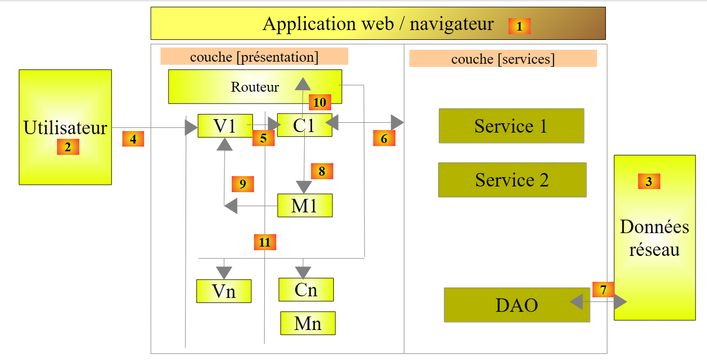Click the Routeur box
pyautogui.click(x=254, y=87)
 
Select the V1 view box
pyautogui.click(x=225, y=125)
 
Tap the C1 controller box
pyautogui.click(x=304, y=125)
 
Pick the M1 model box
pyautogui.click(x=304, y=206)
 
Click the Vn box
pyautogui.click(x=223, y=291)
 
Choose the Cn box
pyautogui.click(x=306, y=290)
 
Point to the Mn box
pyautogui.click(x=308, y=323)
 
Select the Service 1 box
pyautogui.click(x=511, y=126)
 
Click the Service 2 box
pyautogui.click(x=512, y=180)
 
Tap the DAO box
pyautogui.click(x=517, y=305)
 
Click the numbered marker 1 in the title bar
pyautogui.click(x=519, y=26)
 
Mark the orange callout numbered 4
pyautogui.click(x=133, y=139)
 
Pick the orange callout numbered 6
pyautogui.click(x=384, y=138)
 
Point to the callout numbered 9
pyautogui.click(x=243, y=184)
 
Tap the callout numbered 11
pyautogui.click(x=265, y=242)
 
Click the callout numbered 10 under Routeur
pyautogui.click(x=320, y=103)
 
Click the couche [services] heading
pyautogui.click(x=503, y=59)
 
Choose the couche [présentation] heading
pyautogui.click(x=254, y=56)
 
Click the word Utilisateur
pyautogui.click(x=65, y=127)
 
